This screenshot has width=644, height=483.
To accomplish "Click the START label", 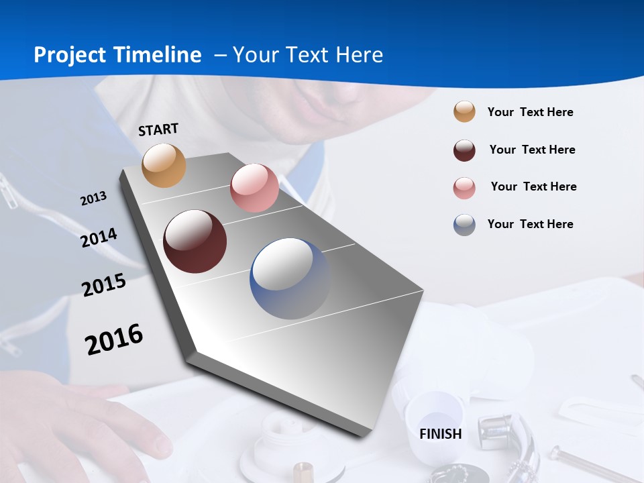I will click(158, 129).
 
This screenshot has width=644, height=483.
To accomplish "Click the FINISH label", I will click(441, 434).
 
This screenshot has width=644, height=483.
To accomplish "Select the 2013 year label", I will click(94, 199).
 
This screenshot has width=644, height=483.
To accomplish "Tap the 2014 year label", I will click(99, 238).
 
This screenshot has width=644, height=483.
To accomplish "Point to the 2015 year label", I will click(104, 285).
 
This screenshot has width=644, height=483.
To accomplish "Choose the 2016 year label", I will click(114, 339).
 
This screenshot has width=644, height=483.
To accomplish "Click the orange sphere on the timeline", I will click(164, 165).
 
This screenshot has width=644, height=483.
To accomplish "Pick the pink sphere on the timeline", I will click(254, 188).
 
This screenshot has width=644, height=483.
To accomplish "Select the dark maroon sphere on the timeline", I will click(195, 241).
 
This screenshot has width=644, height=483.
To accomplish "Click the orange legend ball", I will click(464, 111).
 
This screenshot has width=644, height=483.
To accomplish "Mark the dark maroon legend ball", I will click(464, 150).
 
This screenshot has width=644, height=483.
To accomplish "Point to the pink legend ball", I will click(464, 188).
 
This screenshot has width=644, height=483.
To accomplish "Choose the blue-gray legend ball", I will click(464, 225).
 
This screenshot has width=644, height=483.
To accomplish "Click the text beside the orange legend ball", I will click(530, 112).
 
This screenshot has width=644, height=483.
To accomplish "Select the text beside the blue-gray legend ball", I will click(530, 224).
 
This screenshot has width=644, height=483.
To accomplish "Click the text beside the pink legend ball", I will click(533, 186).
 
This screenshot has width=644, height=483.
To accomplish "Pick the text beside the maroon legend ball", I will click(532, 150).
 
